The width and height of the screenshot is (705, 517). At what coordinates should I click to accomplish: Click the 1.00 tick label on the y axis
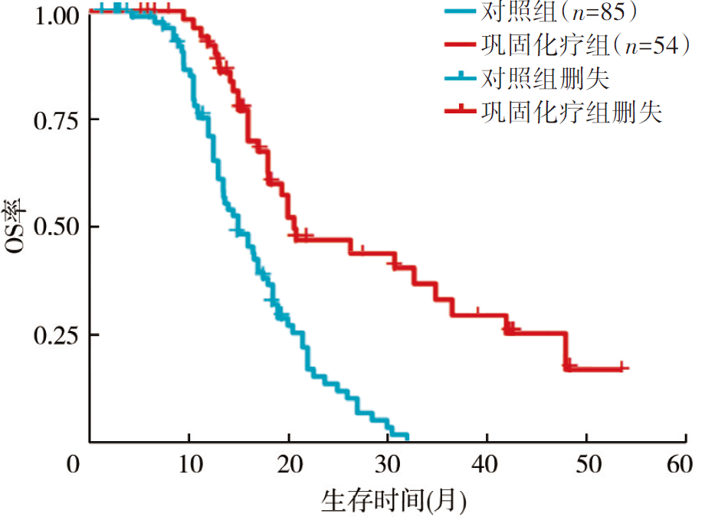click(56, 15)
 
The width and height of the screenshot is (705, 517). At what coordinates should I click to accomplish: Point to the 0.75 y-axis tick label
click(56, 120)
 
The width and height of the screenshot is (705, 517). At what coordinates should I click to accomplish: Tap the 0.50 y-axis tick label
click(56, 227)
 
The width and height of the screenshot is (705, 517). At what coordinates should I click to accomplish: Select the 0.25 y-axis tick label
click(56, 335)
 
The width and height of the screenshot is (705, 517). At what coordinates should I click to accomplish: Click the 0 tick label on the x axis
click(73, 465)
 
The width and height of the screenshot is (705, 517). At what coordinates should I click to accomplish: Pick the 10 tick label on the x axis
click(189, 465)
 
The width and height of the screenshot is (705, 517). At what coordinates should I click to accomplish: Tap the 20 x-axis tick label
click(289, 465)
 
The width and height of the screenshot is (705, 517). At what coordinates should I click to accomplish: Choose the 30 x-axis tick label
click(389, 465)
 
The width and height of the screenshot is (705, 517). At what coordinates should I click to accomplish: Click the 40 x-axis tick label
click(487, 465)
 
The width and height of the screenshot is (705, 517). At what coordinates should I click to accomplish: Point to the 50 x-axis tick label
click(587, 465)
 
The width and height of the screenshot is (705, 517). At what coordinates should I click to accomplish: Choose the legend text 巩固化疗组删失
click(571, 113)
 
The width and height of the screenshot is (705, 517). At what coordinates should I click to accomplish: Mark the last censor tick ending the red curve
click(622, 368)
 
